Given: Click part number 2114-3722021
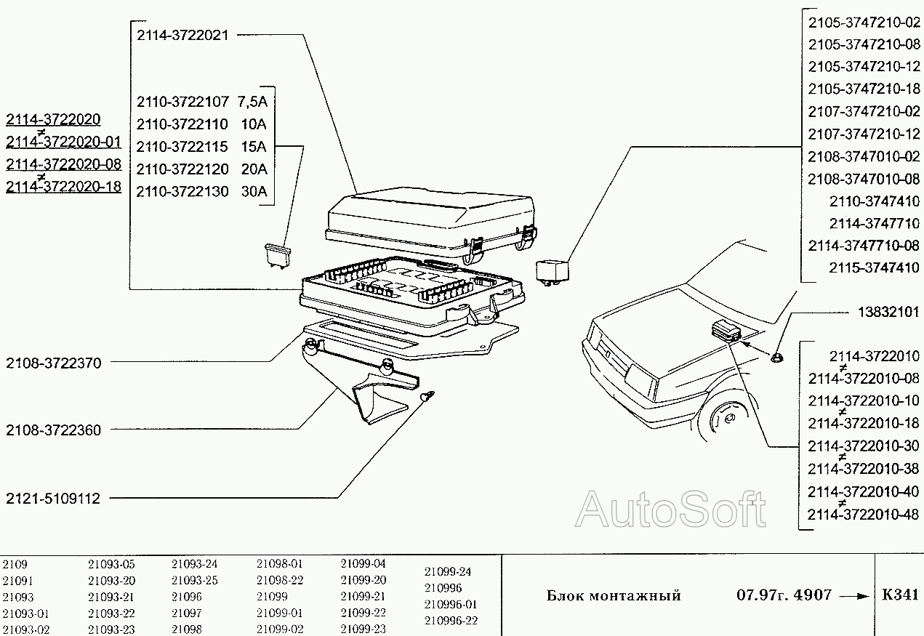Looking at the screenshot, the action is (x=182, y=36).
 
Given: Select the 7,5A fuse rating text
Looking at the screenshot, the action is (x=252, y=102).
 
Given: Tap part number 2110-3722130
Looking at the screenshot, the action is (x=182, y=192).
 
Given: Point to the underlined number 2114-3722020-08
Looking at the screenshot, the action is (x=63, y=164).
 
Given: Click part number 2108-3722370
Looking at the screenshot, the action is (x=53, y=363).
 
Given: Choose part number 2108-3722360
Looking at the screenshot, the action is (x=53, y=430).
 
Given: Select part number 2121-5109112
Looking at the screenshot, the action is (x=53, y=499).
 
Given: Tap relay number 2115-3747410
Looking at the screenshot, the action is (x=875, y=267).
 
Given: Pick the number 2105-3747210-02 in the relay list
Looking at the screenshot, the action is (x=864, y=23).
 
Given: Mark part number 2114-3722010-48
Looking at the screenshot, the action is (x=864, y=515).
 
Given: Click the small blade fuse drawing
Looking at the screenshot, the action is (x=278, y=256).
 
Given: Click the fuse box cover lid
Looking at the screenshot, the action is (x=431, y=225).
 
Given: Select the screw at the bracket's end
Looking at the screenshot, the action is (x=427, y=397).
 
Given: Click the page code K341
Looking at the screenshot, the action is (x=900, y=595).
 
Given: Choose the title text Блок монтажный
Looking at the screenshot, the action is (x=614, y=595).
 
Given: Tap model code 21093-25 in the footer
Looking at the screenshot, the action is (x=195, y=580).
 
